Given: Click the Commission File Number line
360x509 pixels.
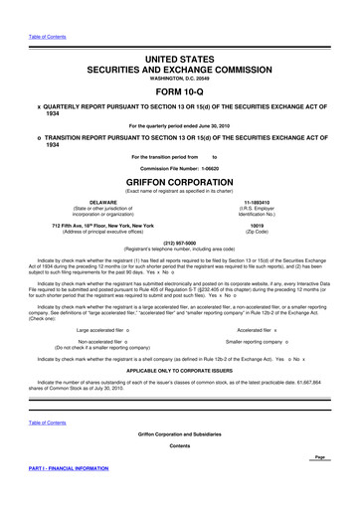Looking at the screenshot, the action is [179, 169].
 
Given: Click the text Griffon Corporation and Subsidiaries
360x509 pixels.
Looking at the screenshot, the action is [179, 434].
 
